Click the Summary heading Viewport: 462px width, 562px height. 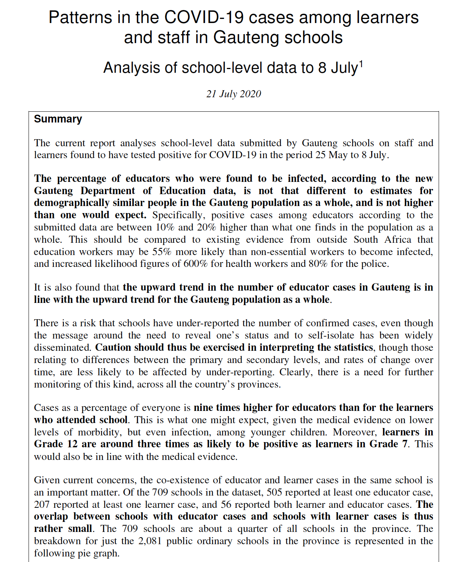58,119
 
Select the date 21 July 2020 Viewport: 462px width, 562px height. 234,94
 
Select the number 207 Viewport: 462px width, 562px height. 42,504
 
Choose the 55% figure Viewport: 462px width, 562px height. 162,252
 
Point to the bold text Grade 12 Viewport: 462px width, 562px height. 55,444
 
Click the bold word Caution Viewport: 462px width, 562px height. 113,347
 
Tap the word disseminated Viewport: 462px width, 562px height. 62,347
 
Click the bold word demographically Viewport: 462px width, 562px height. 72,203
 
